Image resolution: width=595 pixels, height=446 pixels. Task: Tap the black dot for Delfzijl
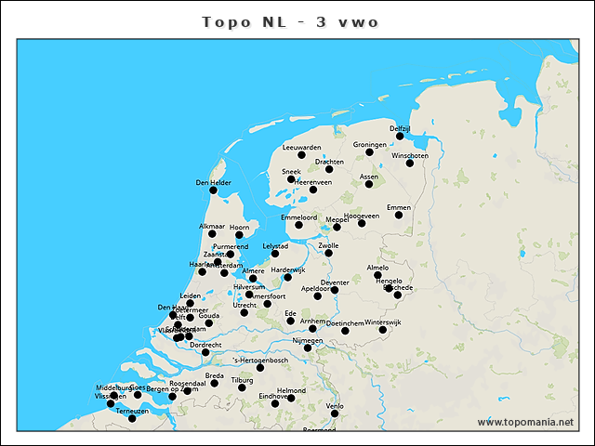coord(400,136)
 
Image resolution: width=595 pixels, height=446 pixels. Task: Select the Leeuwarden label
coord(301,147)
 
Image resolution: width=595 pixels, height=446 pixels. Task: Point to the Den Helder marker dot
coord(214,190)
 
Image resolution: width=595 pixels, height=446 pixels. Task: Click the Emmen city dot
coord(399,216)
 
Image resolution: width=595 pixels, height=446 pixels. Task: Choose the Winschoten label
coord(410,155)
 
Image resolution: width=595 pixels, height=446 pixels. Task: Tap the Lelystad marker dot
coord(275,254)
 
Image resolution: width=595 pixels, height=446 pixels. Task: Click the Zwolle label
coord(328,245)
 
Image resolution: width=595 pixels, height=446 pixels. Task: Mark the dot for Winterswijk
coord(382,330)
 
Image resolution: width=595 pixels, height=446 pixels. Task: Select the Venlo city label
coord(336,406)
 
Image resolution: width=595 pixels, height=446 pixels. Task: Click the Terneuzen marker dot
coord(132,418)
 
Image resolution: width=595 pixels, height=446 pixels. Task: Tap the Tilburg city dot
coord(242,387)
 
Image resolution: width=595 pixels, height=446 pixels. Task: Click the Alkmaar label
coord(212,226)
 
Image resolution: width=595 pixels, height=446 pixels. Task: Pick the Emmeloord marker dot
coord(299,225)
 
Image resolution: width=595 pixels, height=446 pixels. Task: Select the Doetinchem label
coord(345,322)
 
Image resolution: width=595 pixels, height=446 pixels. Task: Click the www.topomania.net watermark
coord(525,422)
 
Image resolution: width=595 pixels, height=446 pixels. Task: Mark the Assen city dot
coord(369,184)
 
